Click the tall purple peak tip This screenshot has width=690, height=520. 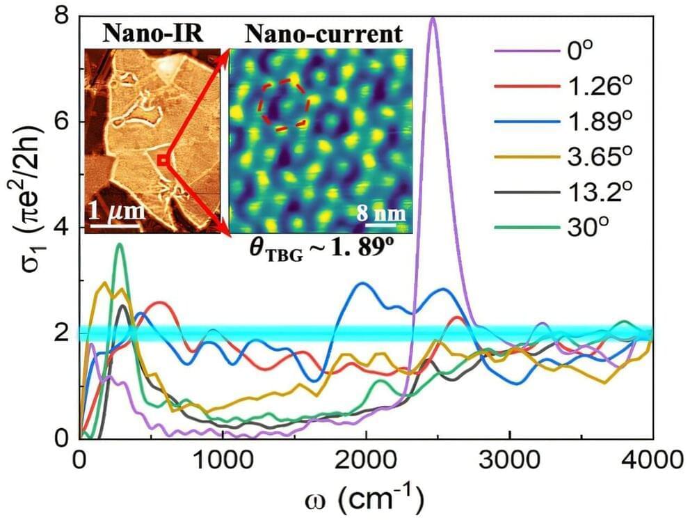(433, 19)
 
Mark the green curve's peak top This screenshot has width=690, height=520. (120, 244)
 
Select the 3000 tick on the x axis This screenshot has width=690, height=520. (510, 460)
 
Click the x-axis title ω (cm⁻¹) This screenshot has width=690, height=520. (365, 498)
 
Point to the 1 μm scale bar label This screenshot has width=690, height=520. (116, 210)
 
